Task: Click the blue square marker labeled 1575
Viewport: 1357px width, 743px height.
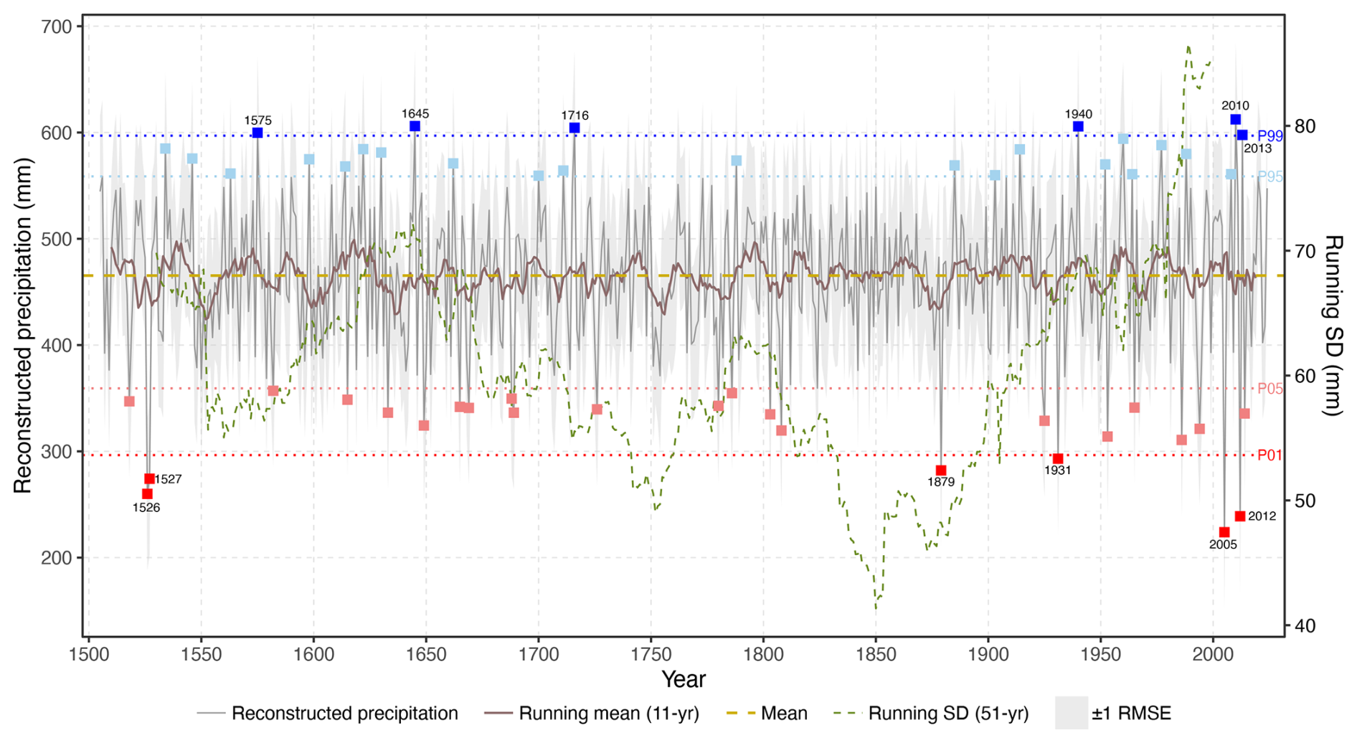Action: tap(257, 133)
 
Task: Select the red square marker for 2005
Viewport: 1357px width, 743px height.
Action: tap(1224, 532)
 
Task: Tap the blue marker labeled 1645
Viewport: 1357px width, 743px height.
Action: tap(415, 126)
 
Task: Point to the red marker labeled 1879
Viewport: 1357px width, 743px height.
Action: tap(941, 470)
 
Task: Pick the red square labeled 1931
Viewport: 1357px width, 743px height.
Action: tap(1058, 459)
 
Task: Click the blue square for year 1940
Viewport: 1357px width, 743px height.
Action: tap(1078, 127)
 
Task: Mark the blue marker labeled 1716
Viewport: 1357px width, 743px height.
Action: tap(575, 128)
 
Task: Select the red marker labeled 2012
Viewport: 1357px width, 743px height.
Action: tap(1240, 516)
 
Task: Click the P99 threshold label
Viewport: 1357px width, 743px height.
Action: tap(1270, 136)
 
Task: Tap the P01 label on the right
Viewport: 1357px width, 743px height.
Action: tap(1269, 455)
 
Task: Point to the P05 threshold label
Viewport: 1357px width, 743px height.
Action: tap(1270, 389)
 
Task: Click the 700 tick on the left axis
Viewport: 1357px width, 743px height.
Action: tap(57, 27)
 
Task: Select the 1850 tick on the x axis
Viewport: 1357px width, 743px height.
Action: tap(876, 655)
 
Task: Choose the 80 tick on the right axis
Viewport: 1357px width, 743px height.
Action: tap(1305, 126)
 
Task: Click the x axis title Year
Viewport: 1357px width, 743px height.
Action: tap(684, 679)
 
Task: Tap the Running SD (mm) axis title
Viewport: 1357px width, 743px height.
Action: tap(1333, 325)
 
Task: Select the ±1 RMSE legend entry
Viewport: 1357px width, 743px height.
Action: tap(1131, 714)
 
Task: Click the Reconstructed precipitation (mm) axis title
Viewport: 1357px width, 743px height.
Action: tap(23, 325)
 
